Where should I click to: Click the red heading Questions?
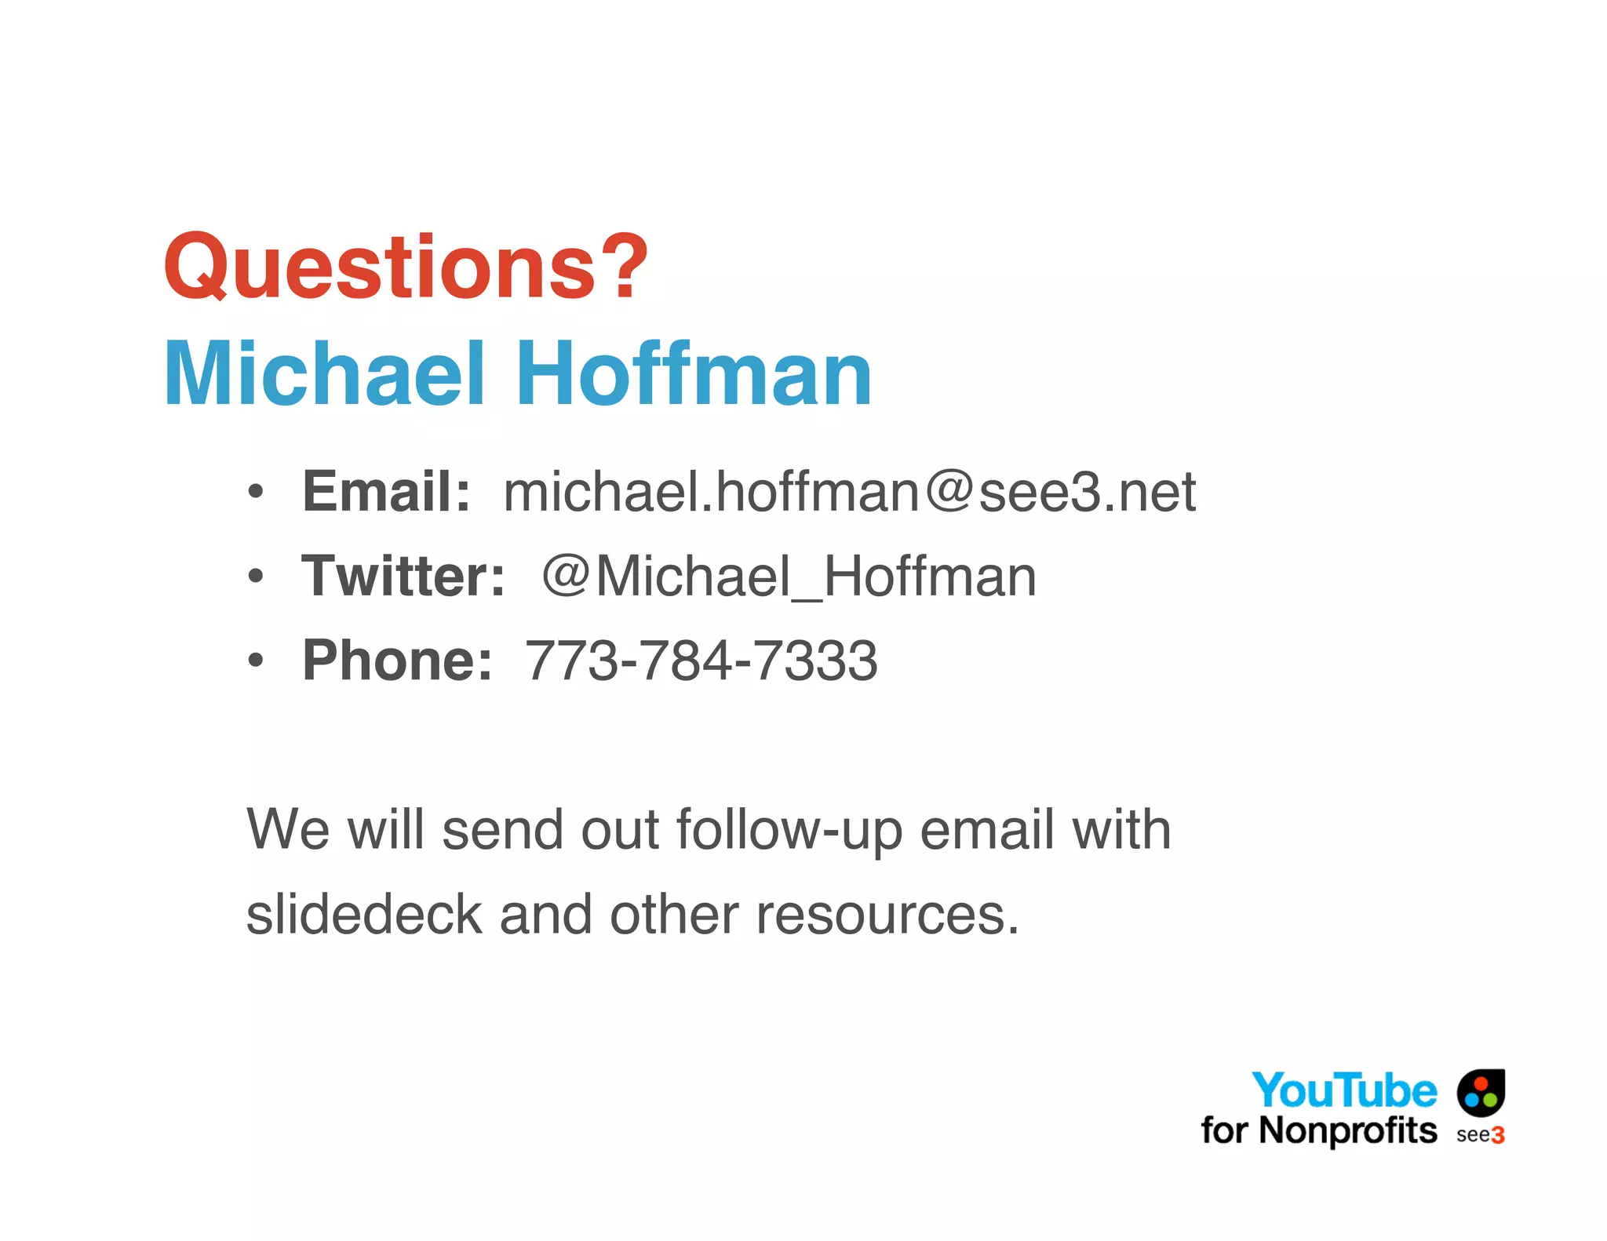(406, 267)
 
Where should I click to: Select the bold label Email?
(386, 492)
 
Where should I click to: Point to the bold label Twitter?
(403, 576)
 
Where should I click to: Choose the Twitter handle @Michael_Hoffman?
(789, 576)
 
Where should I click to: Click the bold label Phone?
(397, 661)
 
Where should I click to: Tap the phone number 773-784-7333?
(701, 661)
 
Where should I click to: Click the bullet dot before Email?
(255, 492)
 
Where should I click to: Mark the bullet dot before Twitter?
(255, 577)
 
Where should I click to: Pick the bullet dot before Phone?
(255, 661)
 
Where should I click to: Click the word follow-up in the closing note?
(789, 832)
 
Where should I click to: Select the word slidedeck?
(364, 915)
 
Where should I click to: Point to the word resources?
(887, 916)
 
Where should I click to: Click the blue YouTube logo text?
(1344, 1090)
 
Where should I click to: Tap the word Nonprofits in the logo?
(1348, 1130)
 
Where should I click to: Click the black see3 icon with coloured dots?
(1481, 1092)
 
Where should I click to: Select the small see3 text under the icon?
(1480, 1135)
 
